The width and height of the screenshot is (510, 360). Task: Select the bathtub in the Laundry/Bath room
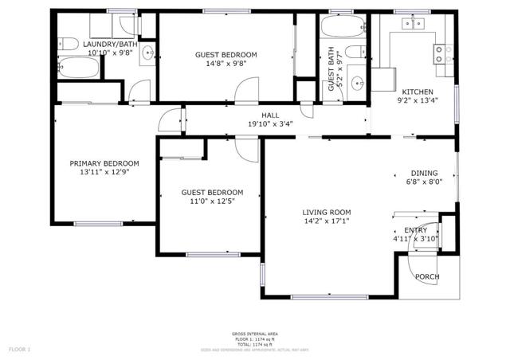80,68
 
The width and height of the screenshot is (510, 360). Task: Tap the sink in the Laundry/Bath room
148,54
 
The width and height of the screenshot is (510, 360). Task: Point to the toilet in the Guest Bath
363,52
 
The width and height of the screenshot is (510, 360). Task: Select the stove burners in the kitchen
439,54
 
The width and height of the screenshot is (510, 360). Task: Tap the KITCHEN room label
417,92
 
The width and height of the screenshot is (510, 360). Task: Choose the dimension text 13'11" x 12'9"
104,172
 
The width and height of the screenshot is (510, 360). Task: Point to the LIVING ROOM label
326,212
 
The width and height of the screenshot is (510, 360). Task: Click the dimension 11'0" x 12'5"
212,202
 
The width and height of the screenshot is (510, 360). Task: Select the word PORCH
427,277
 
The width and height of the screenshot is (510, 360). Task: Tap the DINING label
425,173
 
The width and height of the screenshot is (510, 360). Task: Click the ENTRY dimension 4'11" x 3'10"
415,238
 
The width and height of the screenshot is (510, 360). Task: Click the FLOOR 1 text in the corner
19,349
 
